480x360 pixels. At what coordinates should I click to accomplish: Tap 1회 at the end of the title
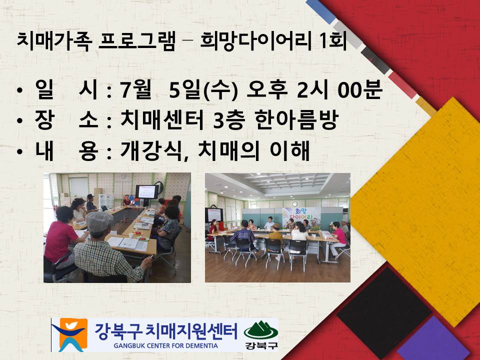[334, 40]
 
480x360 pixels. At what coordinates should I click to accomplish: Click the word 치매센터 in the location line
[160, 120]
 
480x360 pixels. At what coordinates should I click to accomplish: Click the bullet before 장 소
[19, 121]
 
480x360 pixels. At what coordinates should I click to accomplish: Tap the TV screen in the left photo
[146, 191]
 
